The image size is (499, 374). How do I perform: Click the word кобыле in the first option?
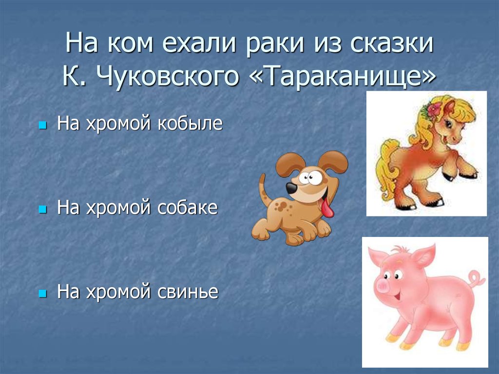[190, 123]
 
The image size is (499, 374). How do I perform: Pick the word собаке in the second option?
[187, 208]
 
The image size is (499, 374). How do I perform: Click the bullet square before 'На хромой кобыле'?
[42, 125]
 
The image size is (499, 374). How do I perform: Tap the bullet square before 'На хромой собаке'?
[42, 210]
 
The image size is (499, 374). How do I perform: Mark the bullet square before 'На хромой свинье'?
[42, 294]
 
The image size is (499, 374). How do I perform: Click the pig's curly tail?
[477, 278]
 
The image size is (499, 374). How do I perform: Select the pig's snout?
[383, 287]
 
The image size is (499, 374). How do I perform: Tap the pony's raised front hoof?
[470, 175]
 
